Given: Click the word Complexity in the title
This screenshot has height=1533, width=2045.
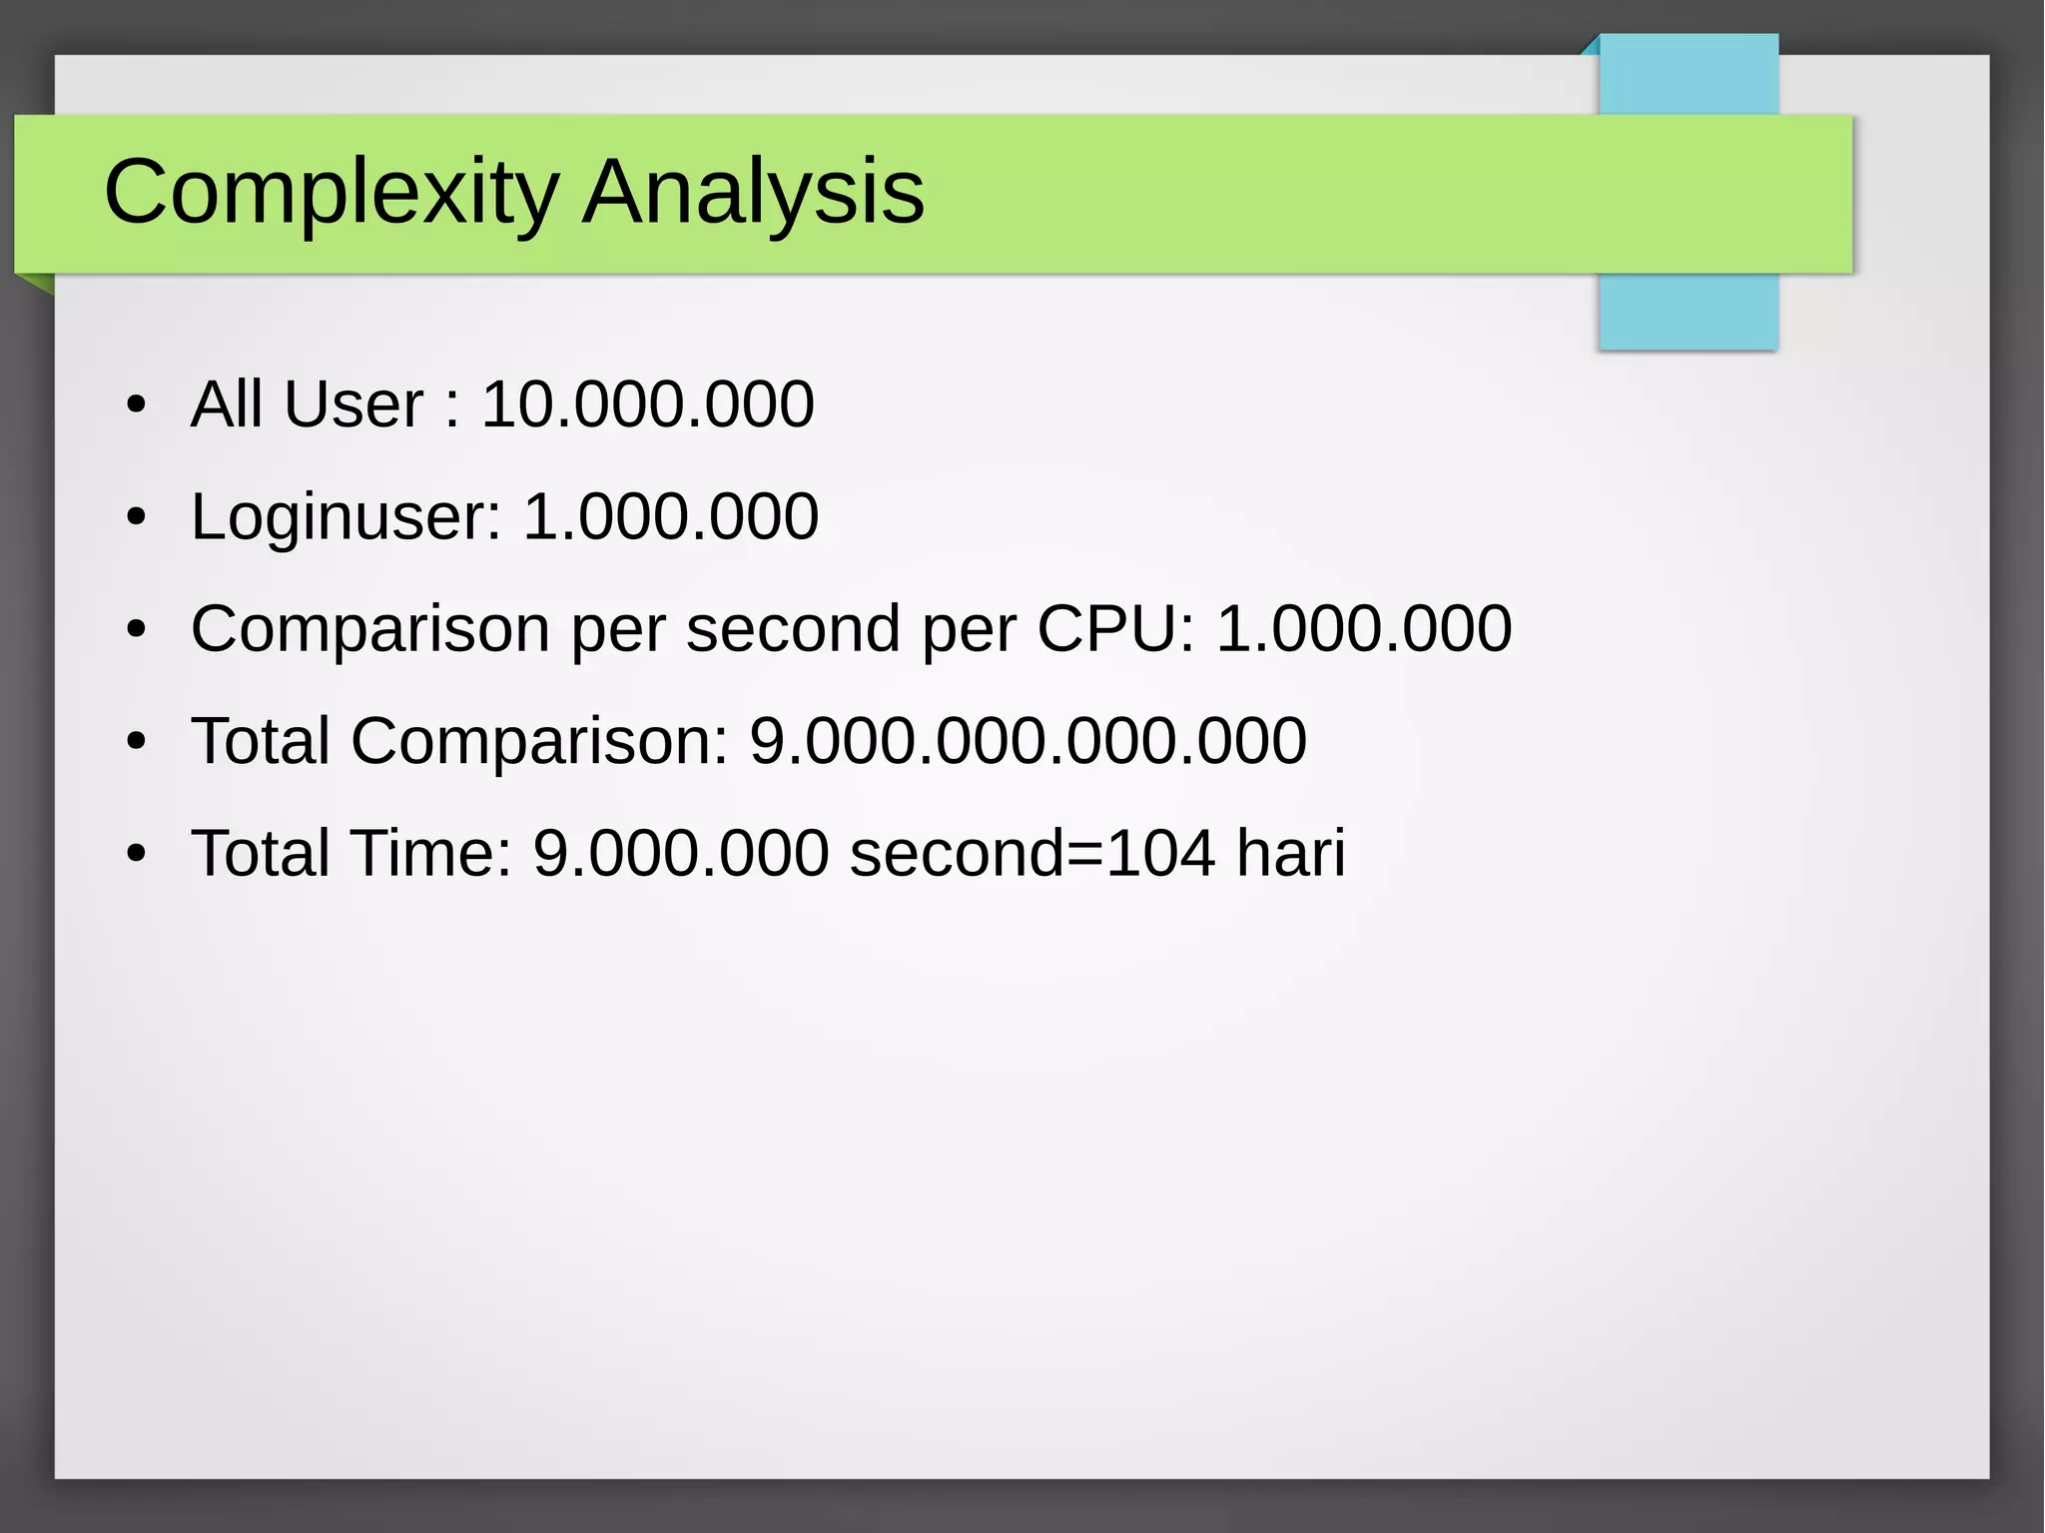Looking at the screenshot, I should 331,192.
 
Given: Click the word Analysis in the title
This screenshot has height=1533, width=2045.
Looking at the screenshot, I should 753,192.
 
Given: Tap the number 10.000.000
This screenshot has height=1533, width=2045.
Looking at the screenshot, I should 647,404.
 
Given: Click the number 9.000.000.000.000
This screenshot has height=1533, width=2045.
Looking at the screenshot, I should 1027,741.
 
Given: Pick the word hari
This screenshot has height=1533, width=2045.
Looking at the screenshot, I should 1290,853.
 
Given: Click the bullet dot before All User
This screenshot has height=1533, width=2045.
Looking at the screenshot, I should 137,405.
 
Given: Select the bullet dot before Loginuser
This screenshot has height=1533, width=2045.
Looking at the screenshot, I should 137,517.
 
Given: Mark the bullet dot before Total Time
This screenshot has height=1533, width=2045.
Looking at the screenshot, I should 137,854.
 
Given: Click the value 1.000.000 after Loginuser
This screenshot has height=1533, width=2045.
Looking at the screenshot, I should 670,517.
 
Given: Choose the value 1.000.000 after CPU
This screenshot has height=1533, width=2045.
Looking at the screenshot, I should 1363,629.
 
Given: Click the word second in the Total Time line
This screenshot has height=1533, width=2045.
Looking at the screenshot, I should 957,853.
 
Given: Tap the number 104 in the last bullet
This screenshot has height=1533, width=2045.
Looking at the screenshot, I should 1160,853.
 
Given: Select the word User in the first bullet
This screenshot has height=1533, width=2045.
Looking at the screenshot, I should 353,404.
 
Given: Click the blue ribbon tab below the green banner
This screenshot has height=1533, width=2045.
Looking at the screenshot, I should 1688,311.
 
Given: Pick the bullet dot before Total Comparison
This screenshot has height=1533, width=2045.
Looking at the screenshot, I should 137,742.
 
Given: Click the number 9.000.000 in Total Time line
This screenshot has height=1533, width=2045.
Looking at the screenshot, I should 680,853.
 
